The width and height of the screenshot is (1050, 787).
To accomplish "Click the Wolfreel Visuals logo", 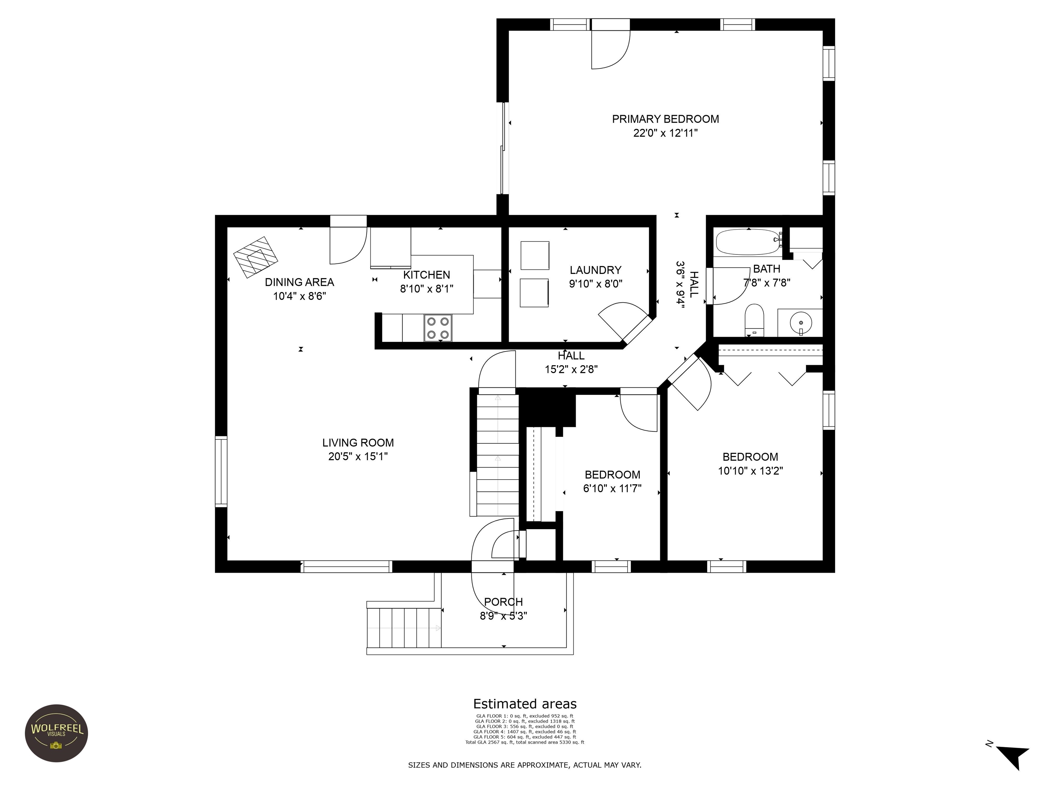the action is click(56, 733).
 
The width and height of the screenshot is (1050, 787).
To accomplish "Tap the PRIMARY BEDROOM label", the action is click(665, 119).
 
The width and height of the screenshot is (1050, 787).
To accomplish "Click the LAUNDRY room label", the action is click(595, 270).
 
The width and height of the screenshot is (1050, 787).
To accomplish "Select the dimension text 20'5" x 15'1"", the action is click(358, 456).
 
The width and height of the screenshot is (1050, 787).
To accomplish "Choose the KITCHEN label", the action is click(426, 275).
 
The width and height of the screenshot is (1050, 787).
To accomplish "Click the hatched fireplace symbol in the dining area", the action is click(256, 257).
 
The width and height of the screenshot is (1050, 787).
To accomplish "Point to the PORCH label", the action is click(503, 602).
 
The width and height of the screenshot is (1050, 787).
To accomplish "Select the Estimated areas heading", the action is click(525, 704).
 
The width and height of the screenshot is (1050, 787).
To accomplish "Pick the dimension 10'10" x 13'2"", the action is click(750, 471).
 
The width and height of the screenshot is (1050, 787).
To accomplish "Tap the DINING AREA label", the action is click(299, 282).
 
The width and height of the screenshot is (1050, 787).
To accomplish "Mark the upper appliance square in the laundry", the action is click(535, 255).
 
